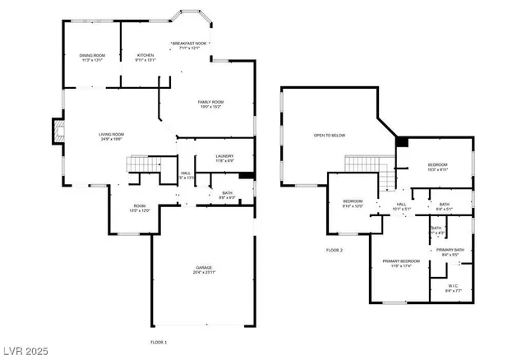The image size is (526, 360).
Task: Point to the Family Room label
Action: coord(210,104)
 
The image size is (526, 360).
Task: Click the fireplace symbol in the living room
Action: coord(57,131)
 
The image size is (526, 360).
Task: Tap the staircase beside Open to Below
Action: coord(365,165)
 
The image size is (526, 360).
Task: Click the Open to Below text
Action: coord(329,136)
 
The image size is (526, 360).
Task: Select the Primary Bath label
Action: coord(450,251)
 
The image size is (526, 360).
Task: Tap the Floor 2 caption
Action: coord(334,250)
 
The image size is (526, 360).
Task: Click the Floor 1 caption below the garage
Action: coord(158,341)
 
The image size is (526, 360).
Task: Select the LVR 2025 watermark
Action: coord(26,351)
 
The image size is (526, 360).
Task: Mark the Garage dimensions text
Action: coord(204,272)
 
